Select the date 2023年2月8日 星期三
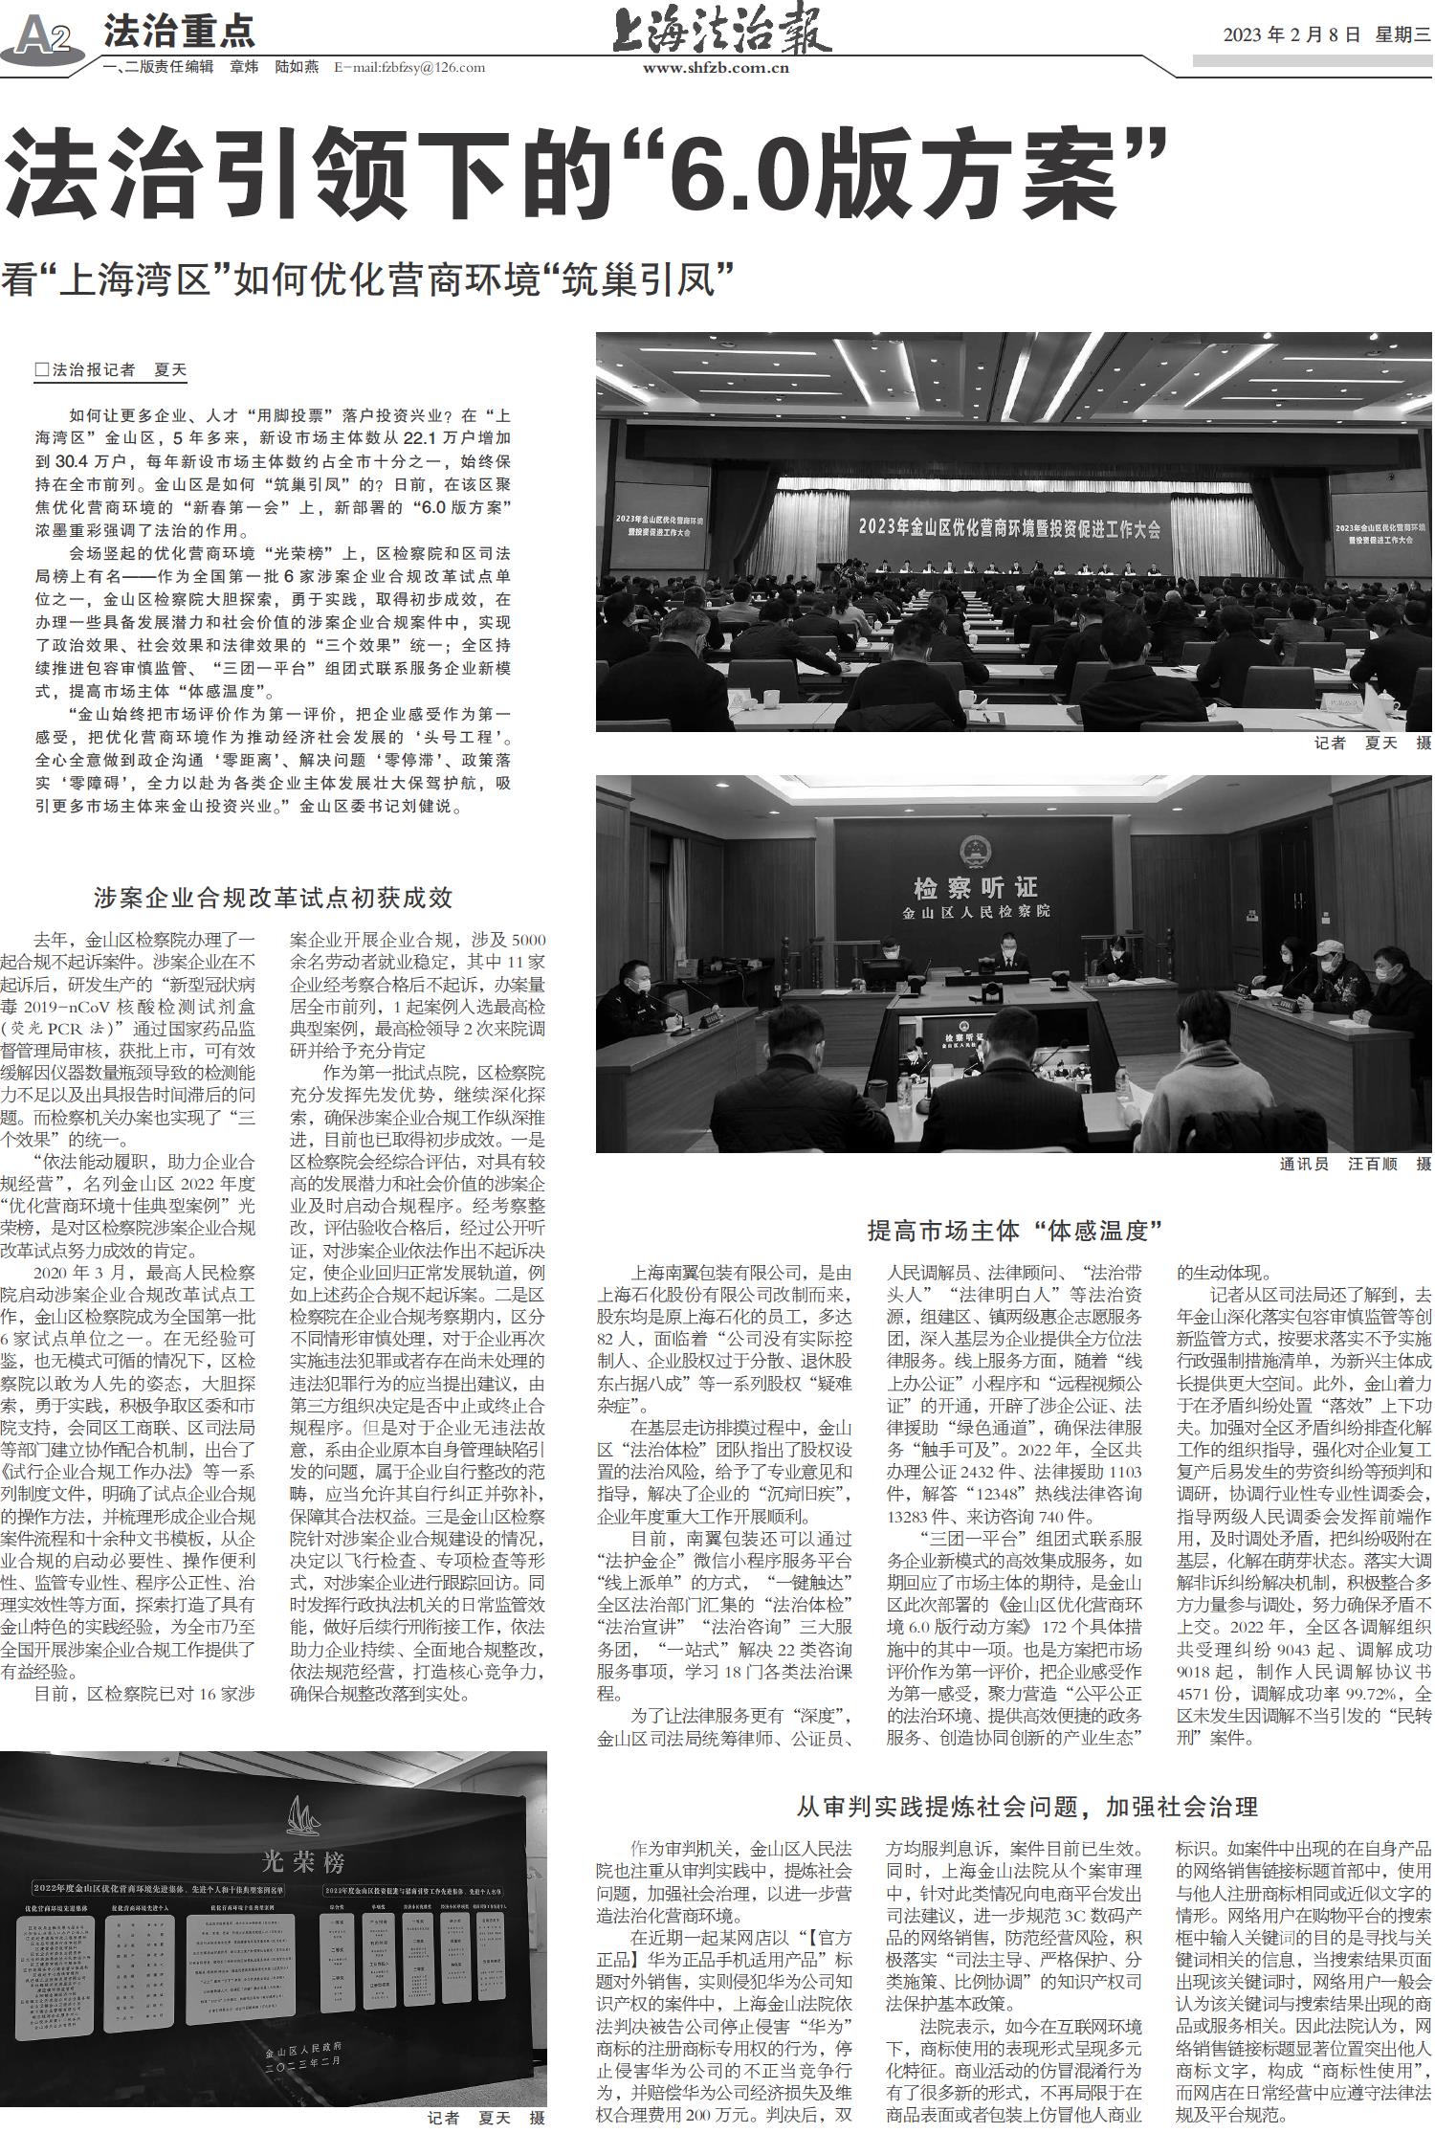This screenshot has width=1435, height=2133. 1326,35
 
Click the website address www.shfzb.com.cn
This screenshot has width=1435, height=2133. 716,68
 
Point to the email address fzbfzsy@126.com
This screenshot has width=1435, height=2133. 409,68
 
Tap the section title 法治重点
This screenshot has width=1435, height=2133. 179,32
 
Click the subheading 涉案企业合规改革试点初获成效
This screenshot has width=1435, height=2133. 273,898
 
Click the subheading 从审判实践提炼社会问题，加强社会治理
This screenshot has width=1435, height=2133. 1027,1807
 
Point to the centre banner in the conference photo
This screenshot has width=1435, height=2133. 1009,526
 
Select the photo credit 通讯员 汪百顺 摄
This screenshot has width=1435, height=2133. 1355,1165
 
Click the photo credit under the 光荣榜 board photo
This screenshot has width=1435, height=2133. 485,2118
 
